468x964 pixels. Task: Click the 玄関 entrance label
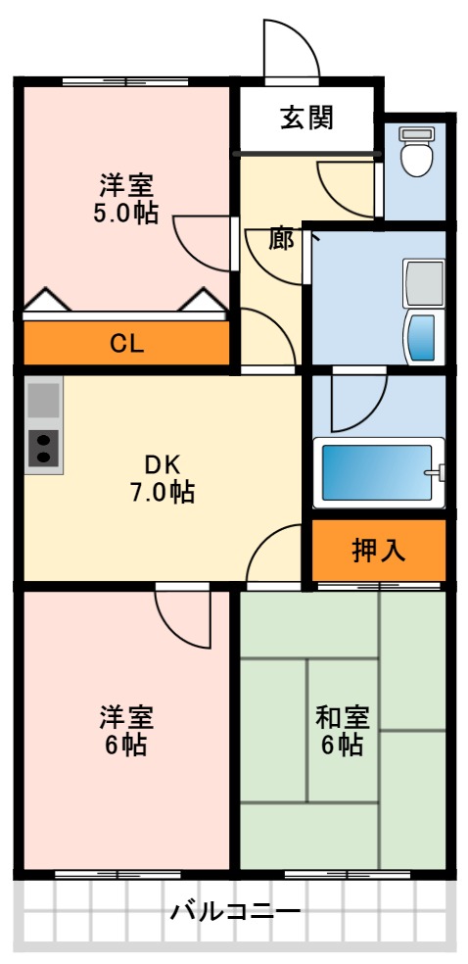point(306,118)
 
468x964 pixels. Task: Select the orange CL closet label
point(126,343)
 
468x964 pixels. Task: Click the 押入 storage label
point(379,550)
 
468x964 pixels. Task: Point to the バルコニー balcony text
point(235,912)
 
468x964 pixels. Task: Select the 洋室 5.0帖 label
point(126,199)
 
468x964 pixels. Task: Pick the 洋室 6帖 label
point(124,731)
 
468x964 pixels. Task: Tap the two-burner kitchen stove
point(43,449)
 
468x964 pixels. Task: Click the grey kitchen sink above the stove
point(43,400)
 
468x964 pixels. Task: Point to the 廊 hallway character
point(282,239)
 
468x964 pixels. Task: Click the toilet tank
point(417,133)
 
